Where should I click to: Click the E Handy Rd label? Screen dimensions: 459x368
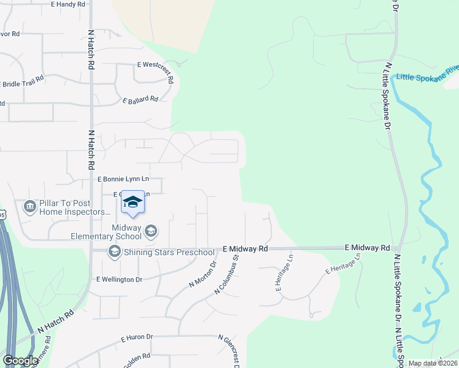(x=68, y=4)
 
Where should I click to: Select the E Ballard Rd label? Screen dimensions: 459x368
(x=141, y=99)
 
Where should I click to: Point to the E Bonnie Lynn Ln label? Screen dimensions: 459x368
(x=123, y=178)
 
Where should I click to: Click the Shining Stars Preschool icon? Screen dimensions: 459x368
(x=114, y=251)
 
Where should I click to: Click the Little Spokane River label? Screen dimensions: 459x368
(x=427, y=74)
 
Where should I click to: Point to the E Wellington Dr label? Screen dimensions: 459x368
(x=119, y=279)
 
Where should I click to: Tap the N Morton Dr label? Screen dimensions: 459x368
(x=203, y=275)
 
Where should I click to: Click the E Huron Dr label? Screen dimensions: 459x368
(x=136, y=337)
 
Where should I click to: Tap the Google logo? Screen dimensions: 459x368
(x=20, y=361)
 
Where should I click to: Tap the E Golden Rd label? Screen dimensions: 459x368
(x=137, y=359)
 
